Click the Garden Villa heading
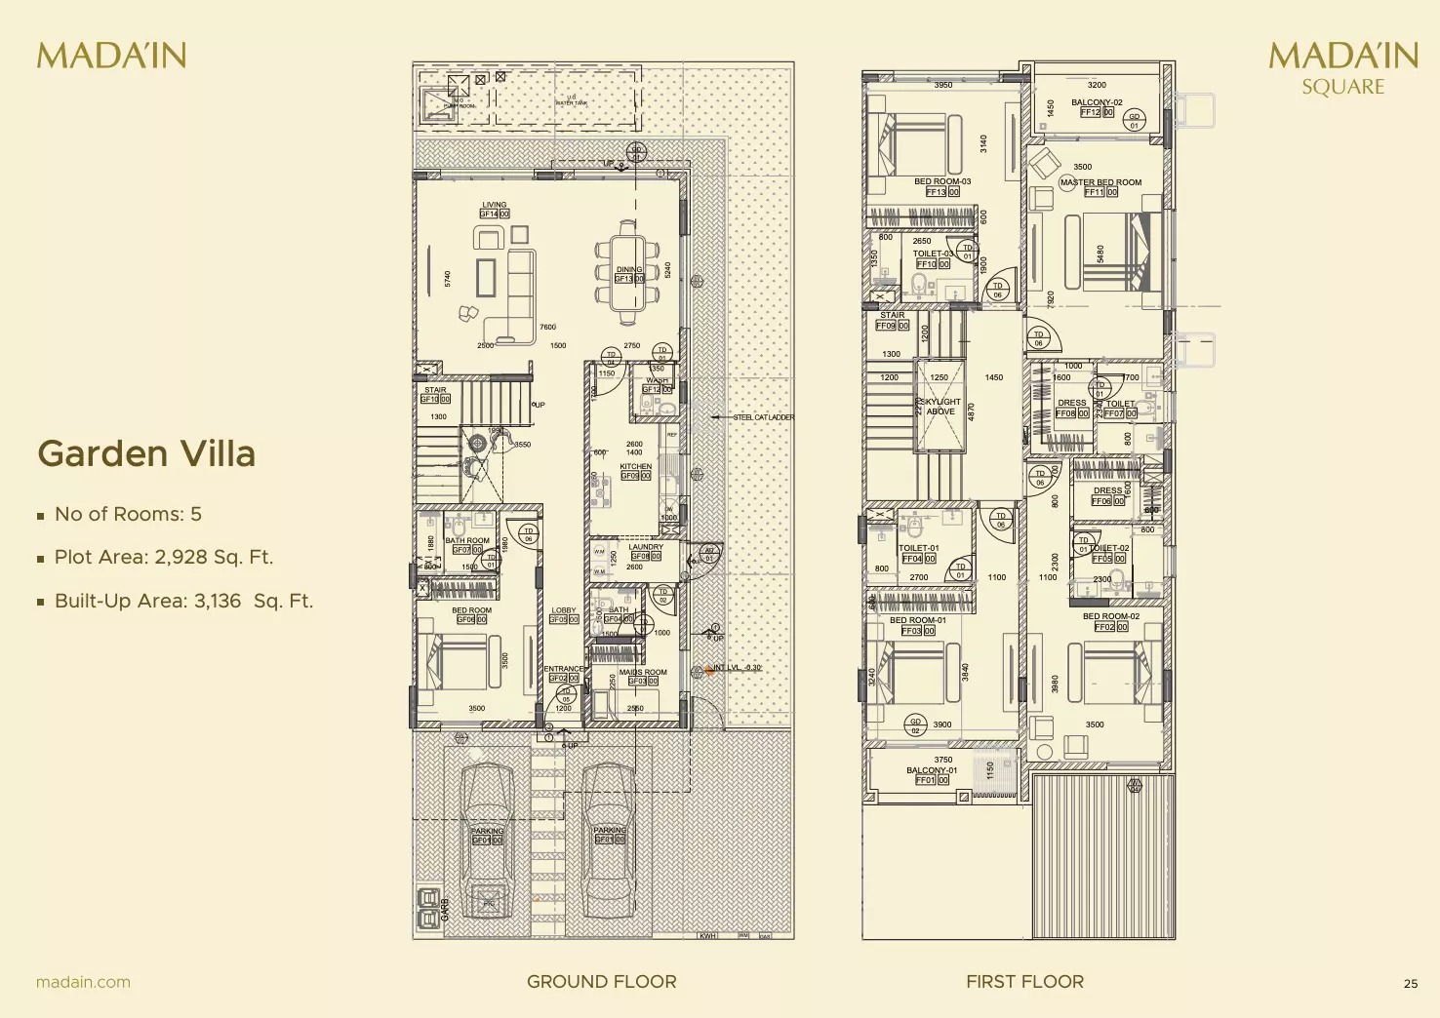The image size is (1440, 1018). tap(146, 453)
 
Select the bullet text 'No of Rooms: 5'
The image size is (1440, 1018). tap(128, 514)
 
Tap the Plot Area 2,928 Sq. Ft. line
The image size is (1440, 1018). tap(163, 557)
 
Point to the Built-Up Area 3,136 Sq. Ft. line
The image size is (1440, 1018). tap(183, 601)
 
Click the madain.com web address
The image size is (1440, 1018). tap(83, 982)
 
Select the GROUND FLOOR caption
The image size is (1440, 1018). tap(601, 982)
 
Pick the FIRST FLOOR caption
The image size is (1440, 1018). tap(1024, 982)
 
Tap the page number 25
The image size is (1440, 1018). tap(1411, 984)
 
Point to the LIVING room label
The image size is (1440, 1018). tap(494, 206)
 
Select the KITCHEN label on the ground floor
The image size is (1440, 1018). tap(635, 467)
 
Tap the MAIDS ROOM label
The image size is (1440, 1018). tap(643, 672)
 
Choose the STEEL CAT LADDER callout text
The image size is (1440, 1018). tap(764, 417)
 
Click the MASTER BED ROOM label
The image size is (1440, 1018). tap(1100, 182)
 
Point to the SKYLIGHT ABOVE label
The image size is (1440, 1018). tap(941, 407)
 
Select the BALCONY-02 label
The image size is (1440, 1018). tap(1097, 102)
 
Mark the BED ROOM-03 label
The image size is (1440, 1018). tap(942, 181)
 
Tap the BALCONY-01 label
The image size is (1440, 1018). tap(932, 770)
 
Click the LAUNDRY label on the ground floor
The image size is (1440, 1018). tap(645, 547)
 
